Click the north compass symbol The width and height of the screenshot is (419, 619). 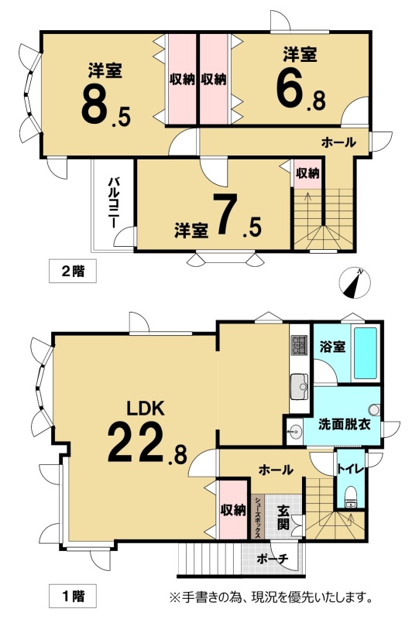(x=355, y=283)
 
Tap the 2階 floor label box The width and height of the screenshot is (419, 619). (x=73, y=272)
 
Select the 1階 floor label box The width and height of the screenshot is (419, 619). (x=73, y=595)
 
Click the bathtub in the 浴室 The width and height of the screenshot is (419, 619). (x=366, y=353)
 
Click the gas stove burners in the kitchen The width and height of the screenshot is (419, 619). (x=299, y=344)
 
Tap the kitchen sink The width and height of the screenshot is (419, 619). (x=299, y=387)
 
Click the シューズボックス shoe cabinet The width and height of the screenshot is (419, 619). (x=257, y=517)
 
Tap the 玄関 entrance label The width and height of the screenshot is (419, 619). (x=283, y=517)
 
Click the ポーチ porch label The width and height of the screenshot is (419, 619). (x=273, y=559)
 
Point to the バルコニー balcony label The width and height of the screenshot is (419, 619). (x=114, y=203)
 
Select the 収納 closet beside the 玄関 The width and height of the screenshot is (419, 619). (x=233, y=510)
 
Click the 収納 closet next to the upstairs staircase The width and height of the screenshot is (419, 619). (x=307, y=173)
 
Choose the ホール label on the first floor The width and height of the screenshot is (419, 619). (x=276, y=470)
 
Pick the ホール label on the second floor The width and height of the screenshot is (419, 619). (x=338, y=142)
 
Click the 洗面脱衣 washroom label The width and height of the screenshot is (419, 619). (x=345, y=424)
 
